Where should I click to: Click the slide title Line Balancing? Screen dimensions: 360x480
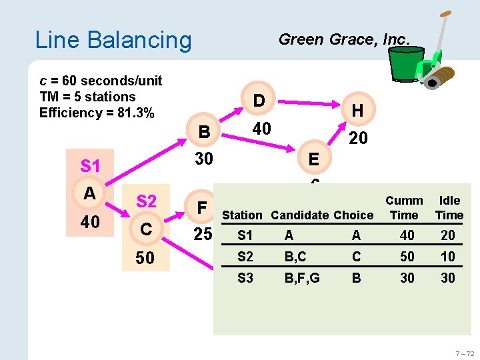tap(113, 40)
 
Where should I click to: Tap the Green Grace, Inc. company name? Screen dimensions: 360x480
tap(343, 39)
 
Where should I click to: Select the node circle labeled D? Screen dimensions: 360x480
tap(259, 100)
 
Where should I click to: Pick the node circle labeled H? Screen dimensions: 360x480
tap(357, 111)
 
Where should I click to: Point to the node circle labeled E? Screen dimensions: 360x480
tap(313, 159)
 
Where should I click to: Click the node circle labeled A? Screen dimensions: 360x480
tap(90, 193)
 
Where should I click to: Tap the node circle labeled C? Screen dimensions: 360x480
tap(146, 229)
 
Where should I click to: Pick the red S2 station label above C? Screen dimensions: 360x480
tap(146, 201)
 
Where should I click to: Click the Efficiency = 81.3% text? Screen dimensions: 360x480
tap(97, 113)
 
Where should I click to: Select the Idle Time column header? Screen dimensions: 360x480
tap(449, 208)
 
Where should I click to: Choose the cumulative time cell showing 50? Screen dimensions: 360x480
tap(407, 257)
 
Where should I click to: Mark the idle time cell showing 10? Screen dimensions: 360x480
tap(448, 257)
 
